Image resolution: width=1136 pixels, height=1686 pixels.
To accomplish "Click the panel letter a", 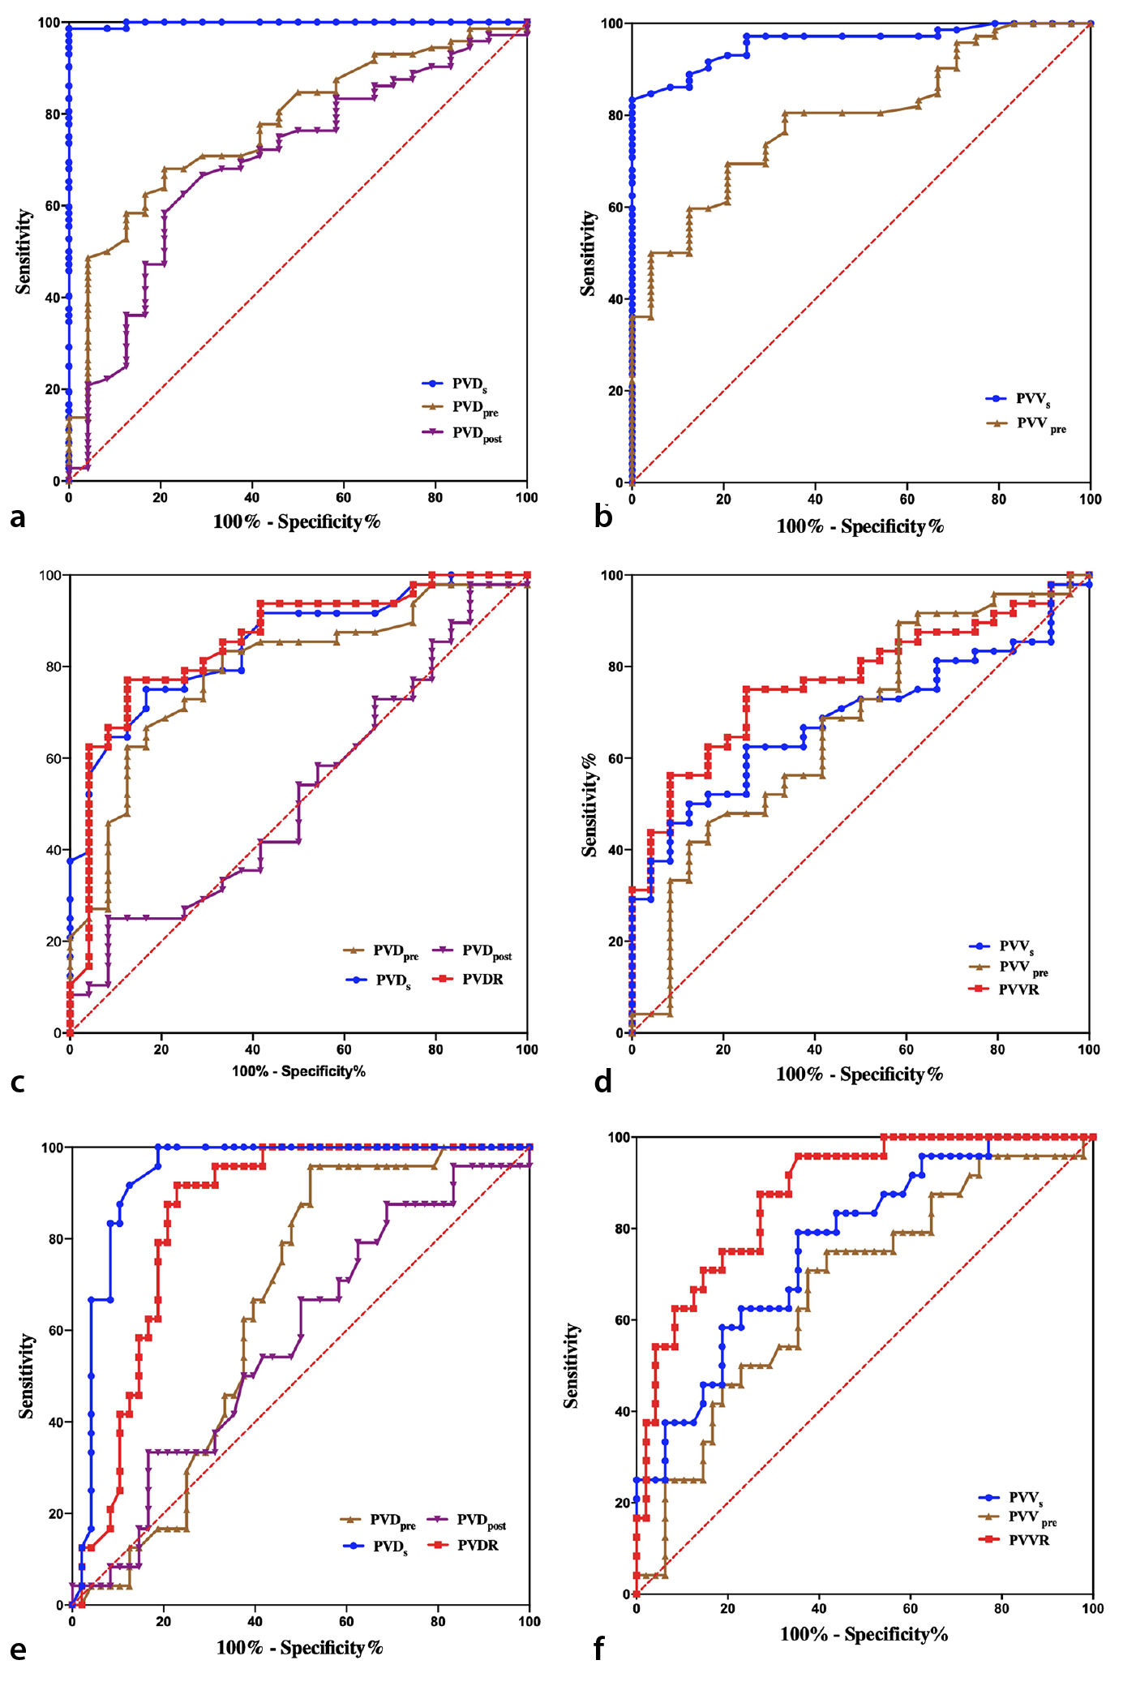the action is [17, 517].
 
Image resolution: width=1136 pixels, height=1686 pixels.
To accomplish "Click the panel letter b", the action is [602, 516].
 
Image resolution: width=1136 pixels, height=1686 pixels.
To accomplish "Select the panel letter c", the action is [17, 1083].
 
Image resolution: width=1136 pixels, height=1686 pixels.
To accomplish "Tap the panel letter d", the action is [602, 1081].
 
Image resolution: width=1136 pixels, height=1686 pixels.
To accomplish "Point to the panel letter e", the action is [17, 1650].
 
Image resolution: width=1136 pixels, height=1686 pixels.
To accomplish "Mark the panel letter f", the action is [600, 1649].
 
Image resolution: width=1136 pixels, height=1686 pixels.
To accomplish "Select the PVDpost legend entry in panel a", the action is [462, 433].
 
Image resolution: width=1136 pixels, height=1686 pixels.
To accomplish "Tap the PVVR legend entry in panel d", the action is [1005, 989].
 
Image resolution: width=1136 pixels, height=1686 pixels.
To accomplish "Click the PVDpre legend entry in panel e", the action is [379, 1521].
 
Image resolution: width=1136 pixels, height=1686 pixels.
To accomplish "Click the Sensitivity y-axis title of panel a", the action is [24, 251].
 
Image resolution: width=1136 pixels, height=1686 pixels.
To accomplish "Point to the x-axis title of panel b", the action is [860, 526].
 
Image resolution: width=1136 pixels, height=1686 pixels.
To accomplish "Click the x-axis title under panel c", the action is [298, 1071].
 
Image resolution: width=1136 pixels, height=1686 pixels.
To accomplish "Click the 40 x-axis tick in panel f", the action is [820, 1609].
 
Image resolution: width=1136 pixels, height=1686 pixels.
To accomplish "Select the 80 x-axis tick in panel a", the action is [435, 497].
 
